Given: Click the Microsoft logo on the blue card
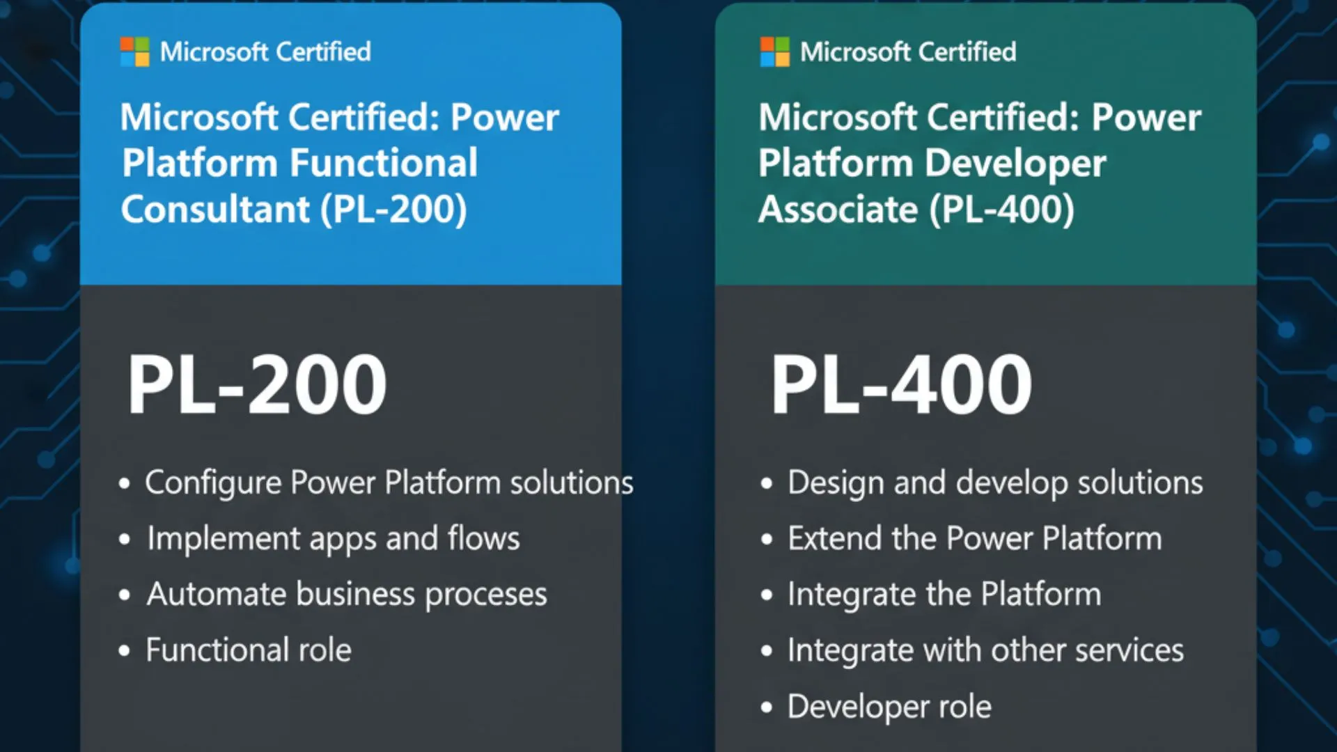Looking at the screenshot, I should (134, 52).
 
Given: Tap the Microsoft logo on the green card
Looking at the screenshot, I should (774, 52).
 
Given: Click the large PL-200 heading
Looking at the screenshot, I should (256, 384).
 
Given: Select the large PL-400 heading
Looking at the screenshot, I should (901, 384).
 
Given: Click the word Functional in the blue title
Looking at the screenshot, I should (384, 163).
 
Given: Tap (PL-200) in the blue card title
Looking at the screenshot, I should (393, 209).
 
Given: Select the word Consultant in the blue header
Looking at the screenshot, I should (215, 209).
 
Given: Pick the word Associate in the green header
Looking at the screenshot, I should (838, 209).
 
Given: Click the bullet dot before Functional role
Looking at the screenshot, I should (125, 651).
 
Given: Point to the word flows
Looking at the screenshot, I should (484, 538).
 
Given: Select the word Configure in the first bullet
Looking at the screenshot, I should (212, 483).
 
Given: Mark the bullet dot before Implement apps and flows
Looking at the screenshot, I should (125, 539).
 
